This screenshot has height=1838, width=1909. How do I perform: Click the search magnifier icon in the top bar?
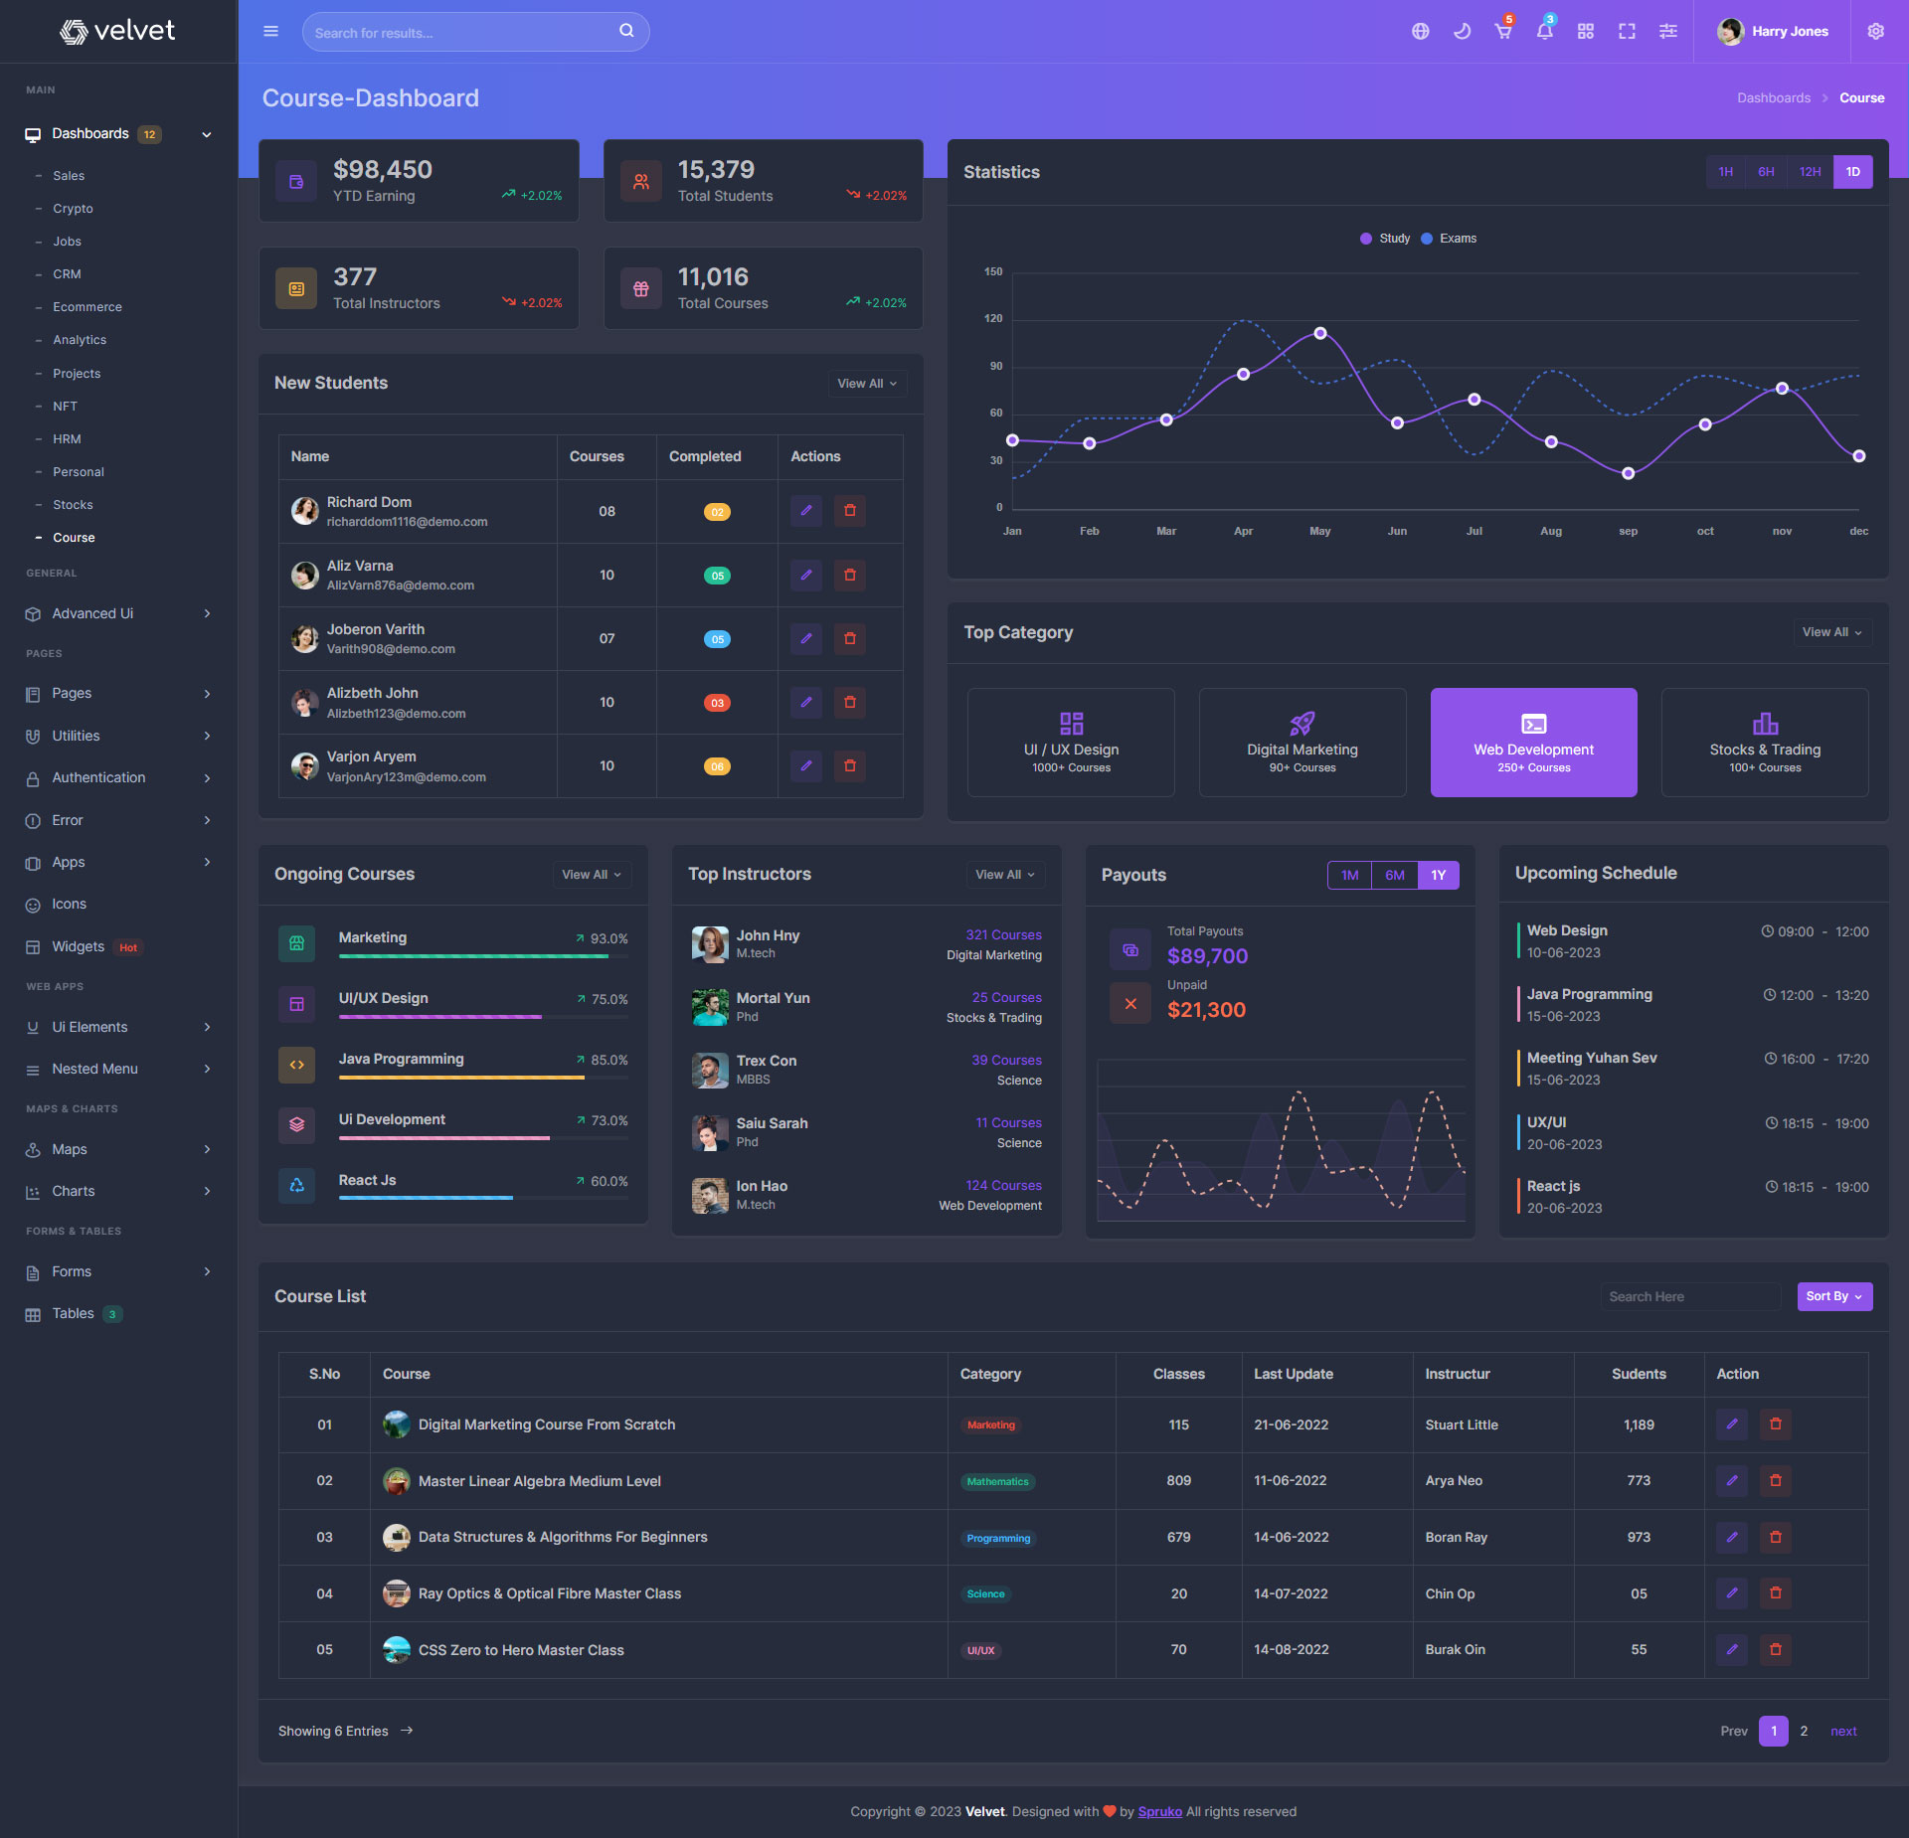tap(626, 31)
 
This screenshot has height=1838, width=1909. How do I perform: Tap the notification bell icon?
tap(1544, 32)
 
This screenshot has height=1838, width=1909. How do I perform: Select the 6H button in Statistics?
tap(1766, 172)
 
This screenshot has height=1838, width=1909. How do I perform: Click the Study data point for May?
tap(1320, 334)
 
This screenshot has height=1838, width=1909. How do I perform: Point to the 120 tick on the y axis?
tap(993, 319)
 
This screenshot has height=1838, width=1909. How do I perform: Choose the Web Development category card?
tap(1533, 743)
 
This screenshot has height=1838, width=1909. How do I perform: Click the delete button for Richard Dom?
tap(850, 511)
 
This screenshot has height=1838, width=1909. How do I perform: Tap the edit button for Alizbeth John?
tap(806, 702)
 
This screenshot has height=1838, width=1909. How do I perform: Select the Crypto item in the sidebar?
tap(73, 209)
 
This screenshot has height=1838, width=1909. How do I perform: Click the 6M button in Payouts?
tap(1394, 876)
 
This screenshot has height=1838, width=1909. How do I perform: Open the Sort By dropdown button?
tap(1834, 1296)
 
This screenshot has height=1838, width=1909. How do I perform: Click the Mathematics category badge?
tap(997, 1482)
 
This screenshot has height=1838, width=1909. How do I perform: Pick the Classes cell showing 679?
tap(1178, 1537)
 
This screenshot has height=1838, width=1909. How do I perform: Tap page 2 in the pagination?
tap(1804, 1731)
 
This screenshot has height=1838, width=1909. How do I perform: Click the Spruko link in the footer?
tap(1159, 1811)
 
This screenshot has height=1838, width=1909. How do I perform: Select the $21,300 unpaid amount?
tap(1206, 1010)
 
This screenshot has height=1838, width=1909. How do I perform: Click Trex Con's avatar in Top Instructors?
tap(710, 1070)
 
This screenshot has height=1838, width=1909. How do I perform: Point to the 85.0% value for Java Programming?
tap(608, 1061)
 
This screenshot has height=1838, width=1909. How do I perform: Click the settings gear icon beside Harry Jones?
tap(1875, 32)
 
